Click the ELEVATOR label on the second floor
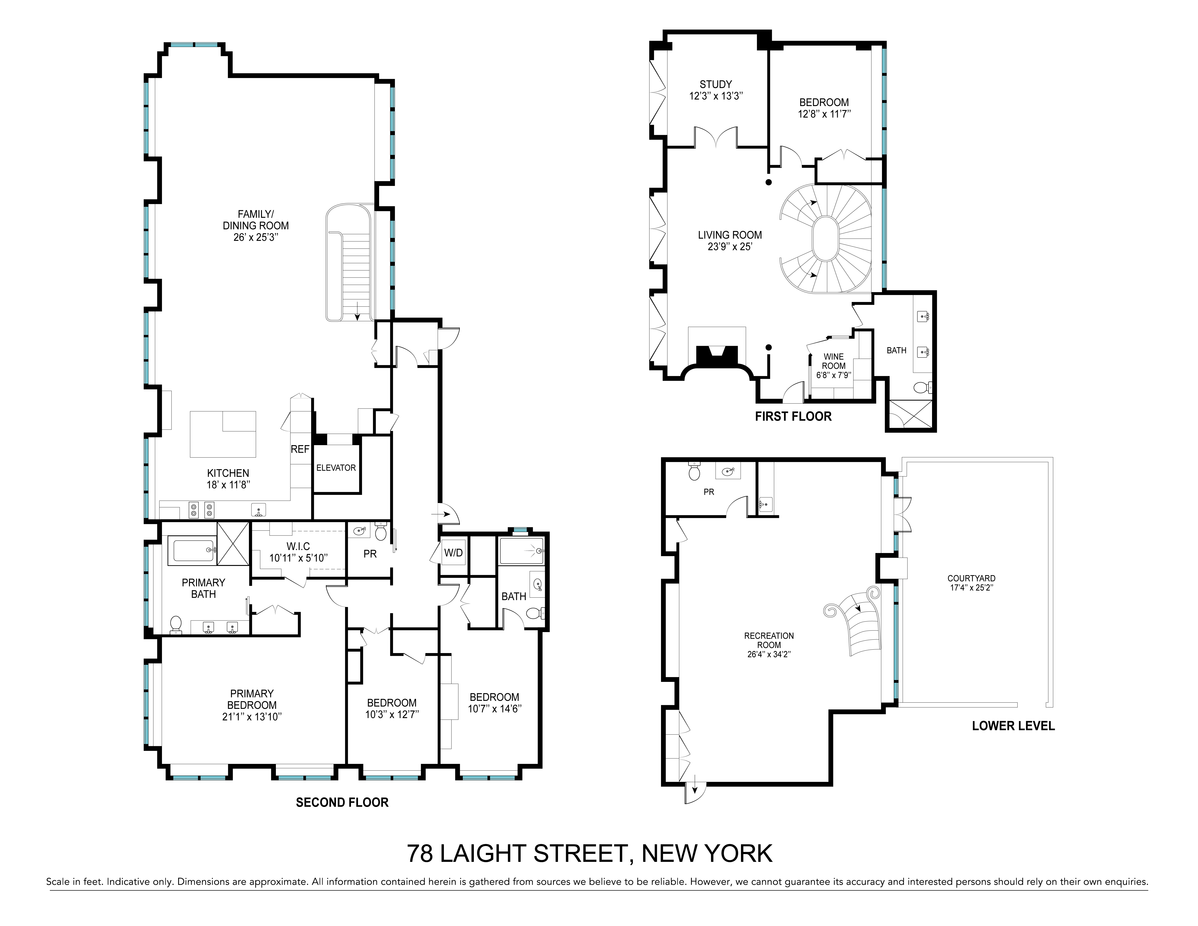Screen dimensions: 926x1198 [336, 467]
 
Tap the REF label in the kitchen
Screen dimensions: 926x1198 [300, 449]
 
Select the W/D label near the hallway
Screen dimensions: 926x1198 [453, 553]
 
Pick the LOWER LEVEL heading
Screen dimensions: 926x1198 [1013, 726]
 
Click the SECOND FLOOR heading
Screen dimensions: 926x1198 [342, 803]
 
